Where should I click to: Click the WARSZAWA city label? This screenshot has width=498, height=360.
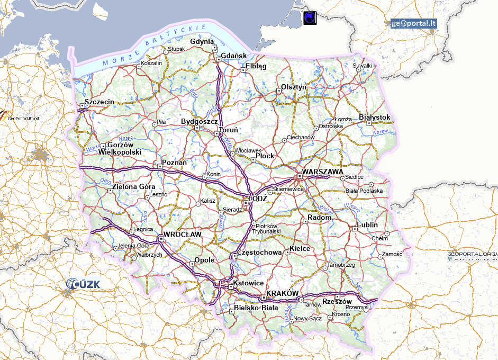click(323, 172)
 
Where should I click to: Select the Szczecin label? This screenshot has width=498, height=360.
click(99, 101)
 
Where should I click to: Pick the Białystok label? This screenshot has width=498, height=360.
click(374, 117)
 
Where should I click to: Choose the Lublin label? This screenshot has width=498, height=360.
click(367, 225)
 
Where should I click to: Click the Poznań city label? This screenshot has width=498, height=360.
click(174, 163)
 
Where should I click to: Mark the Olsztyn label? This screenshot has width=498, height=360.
click(294, 86)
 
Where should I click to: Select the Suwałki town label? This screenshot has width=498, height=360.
click(363, 66)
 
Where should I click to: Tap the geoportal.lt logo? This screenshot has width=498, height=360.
click(414, 23)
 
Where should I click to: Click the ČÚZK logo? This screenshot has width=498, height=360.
click(84, 285)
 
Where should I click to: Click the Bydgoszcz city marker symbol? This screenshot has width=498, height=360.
click(197, 128)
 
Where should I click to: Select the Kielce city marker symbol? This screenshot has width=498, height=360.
click(288, 253)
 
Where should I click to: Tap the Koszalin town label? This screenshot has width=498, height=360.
click(151, 63)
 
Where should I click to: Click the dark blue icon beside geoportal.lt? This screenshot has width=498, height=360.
click(310, 17)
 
